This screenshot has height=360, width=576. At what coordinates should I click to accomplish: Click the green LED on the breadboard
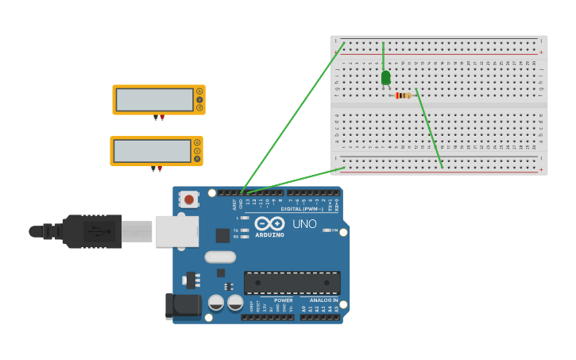(385, 77)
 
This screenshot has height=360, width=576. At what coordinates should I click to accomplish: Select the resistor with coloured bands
(404, 95)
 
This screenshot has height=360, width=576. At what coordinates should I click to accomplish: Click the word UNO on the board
(304, 224)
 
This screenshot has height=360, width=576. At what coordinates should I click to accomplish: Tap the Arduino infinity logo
(270, 224)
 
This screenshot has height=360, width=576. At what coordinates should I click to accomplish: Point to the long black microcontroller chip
(292, 282)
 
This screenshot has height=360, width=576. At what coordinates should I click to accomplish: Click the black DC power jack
(182, 306)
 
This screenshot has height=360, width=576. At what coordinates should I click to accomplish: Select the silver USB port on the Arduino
(176, 231)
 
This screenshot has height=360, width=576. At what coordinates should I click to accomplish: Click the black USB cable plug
(92, 231)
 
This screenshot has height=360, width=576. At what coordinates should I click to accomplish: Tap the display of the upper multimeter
(154, 99)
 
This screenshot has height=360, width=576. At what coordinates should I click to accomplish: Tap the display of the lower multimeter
(152, 151)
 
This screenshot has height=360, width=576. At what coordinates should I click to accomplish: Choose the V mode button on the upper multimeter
(199, 99)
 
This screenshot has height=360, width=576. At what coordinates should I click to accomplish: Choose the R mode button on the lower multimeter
(196, 159)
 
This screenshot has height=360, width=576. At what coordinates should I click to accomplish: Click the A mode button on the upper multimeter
(199, 91)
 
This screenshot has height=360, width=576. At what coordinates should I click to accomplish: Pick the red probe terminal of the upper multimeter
(162, 118)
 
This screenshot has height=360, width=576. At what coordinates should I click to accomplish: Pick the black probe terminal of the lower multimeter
(153, 169)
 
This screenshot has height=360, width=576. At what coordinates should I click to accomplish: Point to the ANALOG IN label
(324, 300)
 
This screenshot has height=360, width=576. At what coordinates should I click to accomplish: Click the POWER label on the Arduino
(284, 300)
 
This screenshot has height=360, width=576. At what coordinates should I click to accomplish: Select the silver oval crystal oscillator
(220, 257)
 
